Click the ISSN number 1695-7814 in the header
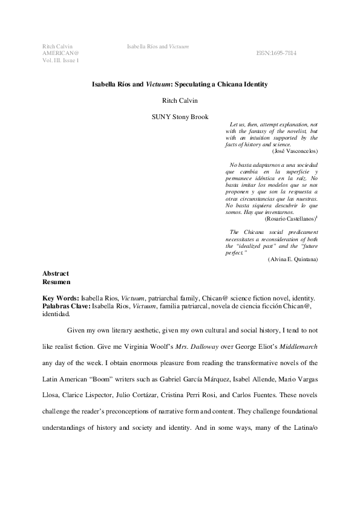point(277,53)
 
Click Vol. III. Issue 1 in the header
point(60,60)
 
